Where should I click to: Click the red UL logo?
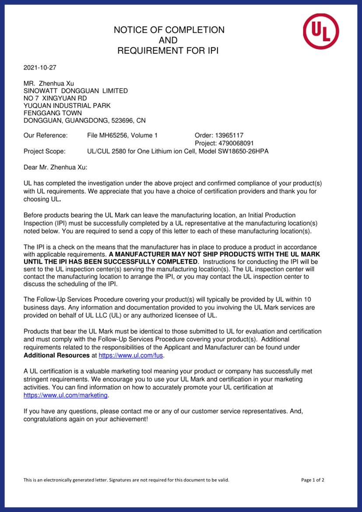[x=320, y=31]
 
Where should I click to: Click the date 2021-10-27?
[x=40, y=67]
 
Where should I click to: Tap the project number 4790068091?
[x=239, y=143]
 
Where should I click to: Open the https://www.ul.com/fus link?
[x=130, y=355]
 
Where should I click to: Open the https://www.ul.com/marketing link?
[x=65, y=395]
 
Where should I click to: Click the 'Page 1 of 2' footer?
[x=313, y=480]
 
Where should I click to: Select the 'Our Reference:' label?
[x=46, y=135]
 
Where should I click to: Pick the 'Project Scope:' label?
[x=44, y=152]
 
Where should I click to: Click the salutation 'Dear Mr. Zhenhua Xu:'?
[x=55, y=167]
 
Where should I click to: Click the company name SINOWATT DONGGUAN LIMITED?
[x=75, y=91]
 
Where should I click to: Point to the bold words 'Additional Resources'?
[x=56, y=355]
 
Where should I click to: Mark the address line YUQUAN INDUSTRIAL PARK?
[x=67, y=106]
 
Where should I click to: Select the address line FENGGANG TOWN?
[x=53, y=113]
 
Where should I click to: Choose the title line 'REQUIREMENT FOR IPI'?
[x=168, y=51]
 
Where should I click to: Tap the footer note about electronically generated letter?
[x=126, y=480]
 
